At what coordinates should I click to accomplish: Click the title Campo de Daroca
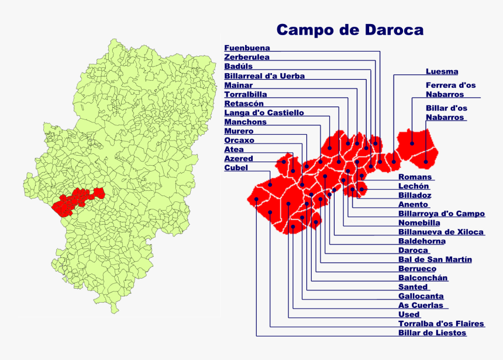(350, 30)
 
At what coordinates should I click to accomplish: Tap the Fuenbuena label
(247, 48)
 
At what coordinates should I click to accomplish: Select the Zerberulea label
(247, 57)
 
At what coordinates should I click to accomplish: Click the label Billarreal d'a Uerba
(264, 76)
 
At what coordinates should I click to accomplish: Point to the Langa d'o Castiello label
(264, 112)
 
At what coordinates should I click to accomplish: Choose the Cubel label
(236, 168)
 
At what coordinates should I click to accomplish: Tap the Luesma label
(442, 71)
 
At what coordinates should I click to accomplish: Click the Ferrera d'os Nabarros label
(450, 90)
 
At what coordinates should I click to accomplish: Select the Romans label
(415, 177)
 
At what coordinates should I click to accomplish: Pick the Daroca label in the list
(413, 251)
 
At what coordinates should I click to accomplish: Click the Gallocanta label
(421, 296)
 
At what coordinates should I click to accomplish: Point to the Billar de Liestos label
(432, 333)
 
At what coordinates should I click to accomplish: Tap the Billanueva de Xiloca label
(441, 232)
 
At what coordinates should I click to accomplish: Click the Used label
(409, 314)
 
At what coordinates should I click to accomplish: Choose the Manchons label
(245, 122)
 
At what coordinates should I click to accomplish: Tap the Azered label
(239, 159)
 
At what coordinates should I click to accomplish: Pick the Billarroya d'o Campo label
(442, 214)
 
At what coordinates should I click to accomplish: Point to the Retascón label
(244, 104)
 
